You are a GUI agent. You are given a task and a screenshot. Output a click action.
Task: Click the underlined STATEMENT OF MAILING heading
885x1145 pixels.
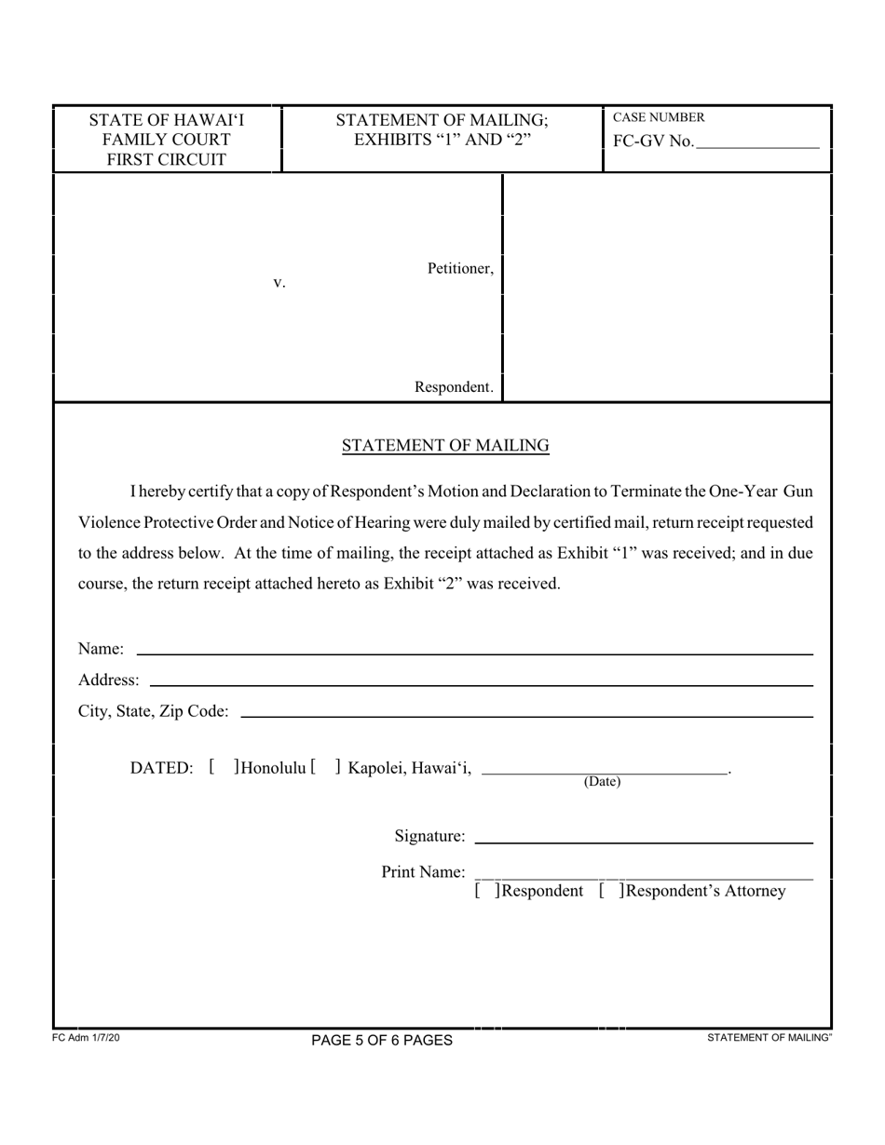[445, 446]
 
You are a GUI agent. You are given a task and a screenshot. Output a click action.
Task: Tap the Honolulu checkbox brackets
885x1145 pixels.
[225, 768]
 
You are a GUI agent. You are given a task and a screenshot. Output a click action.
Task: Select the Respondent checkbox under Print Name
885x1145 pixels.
[487, 891]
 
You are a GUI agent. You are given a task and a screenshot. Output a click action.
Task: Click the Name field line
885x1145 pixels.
[474, 653]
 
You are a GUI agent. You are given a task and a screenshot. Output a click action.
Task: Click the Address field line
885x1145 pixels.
[481, 685]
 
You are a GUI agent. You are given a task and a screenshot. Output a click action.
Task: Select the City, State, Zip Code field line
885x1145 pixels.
[526, 716]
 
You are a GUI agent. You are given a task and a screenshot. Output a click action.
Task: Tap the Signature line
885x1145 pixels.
[643, 842]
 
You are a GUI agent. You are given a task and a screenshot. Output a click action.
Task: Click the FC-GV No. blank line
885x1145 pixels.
[757, 147]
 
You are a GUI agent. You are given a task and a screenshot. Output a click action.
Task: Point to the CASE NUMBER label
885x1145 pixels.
[659, 117]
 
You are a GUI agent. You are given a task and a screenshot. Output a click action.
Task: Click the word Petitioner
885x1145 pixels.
[460, 269]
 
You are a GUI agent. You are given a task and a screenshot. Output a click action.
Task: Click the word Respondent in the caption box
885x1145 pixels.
[454, 387]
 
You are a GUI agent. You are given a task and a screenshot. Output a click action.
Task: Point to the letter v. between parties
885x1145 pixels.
[279, 282]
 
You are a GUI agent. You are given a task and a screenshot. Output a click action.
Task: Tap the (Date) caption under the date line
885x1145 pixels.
[602, 782]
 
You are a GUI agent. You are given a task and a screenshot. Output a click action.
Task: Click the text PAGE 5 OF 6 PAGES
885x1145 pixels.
[382, 1040]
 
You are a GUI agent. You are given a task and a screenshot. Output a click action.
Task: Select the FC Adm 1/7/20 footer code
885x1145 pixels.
[86, 1037]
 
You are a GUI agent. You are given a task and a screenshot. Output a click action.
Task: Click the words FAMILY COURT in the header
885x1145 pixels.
[166, 140]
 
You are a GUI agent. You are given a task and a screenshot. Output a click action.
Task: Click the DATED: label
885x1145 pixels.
[162, 768]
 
